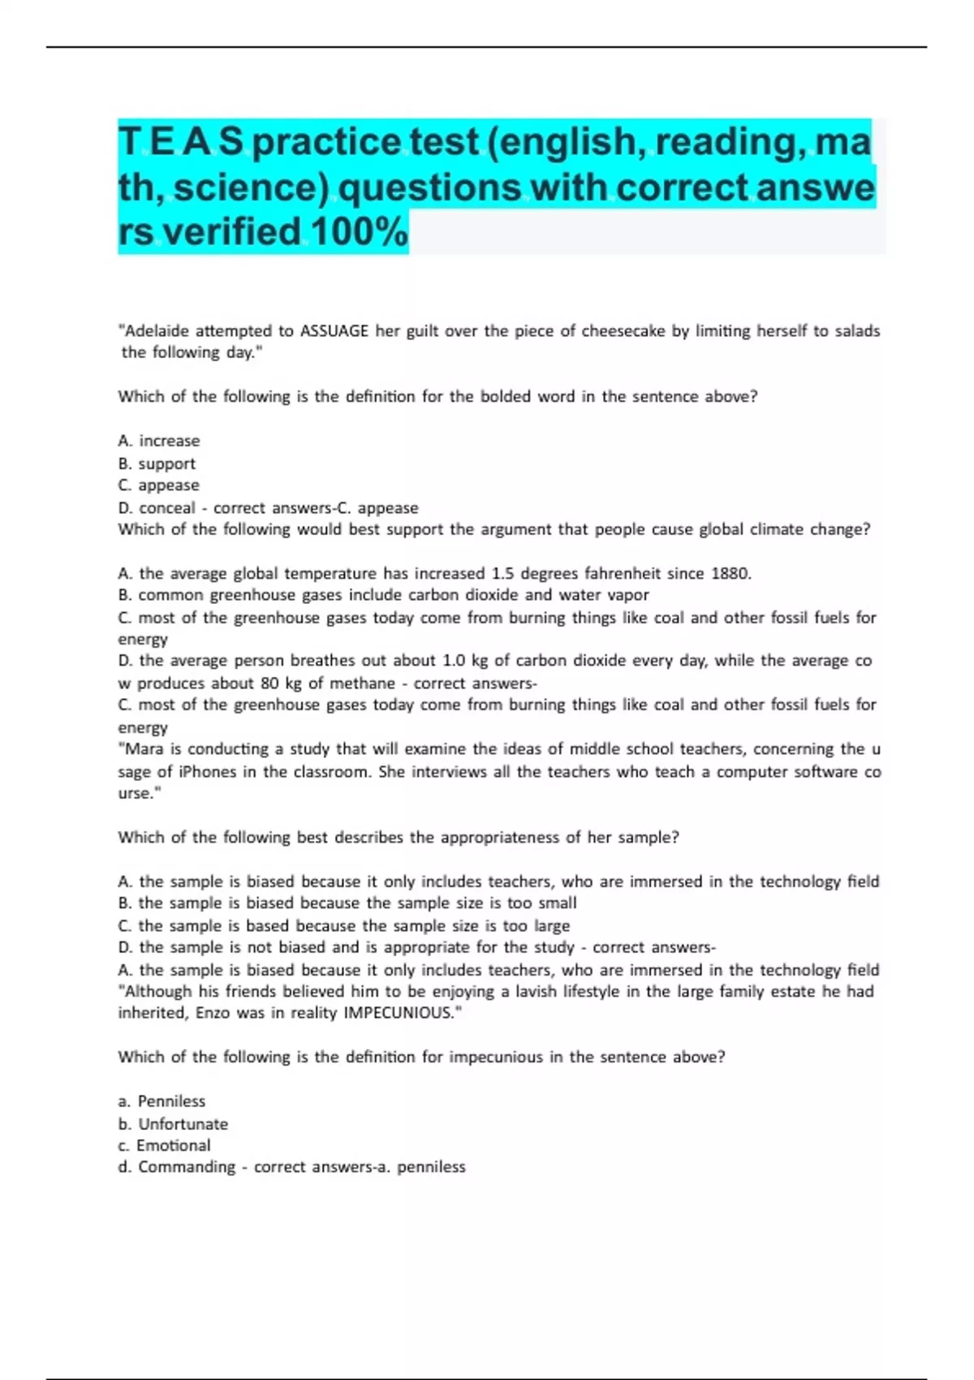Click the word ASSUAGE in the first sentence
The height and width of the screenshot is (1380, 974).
pyautogui.click(x=334, y=330)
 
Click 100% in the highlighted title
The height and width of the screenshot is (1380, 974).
pyautogui.click(x=359, y=231)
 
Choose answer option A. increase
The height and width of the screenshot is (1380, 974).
pyautogui.click(x=159, y=441)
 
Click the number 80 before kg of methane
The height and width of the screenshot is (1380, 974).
pyautogui.click(x=269, y=684)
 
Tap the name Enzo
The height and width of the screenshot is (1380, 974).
pyautogui.click(x=213, y=1012)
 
